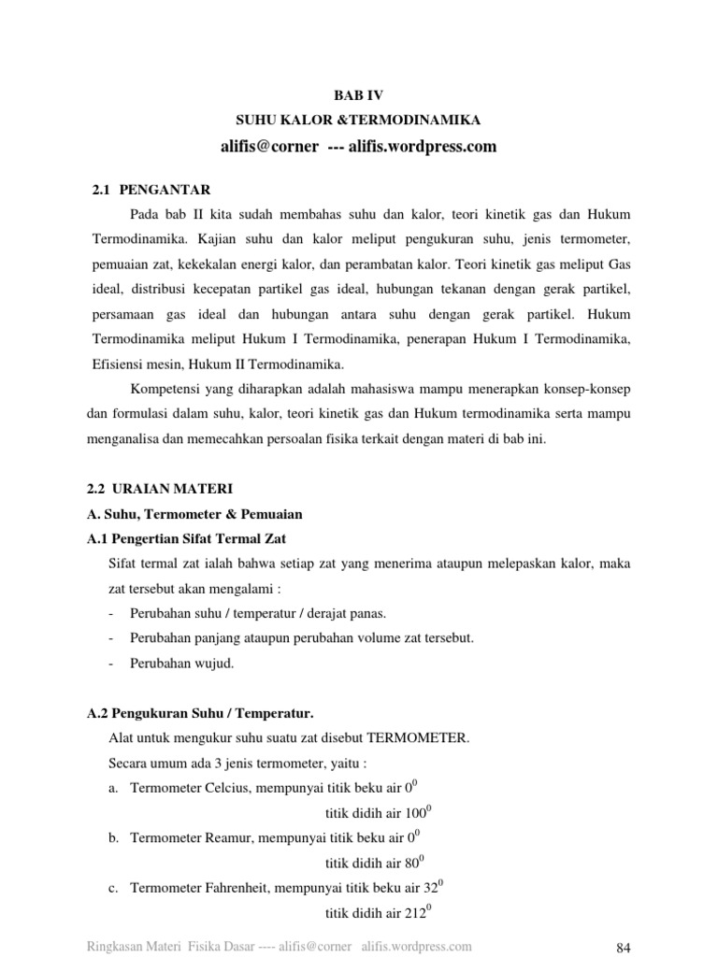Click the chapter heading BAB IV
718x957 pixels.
coord(358,95)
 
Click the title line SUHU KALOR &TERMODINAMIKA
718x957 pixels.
coord(358,121)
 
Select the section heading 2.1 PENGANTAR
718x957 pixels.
coord(151,190)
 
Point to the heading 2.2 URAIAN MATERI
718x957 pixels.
coord(160,489)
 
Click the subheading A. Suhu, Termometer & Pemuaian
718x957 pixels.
coord(194,514)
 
